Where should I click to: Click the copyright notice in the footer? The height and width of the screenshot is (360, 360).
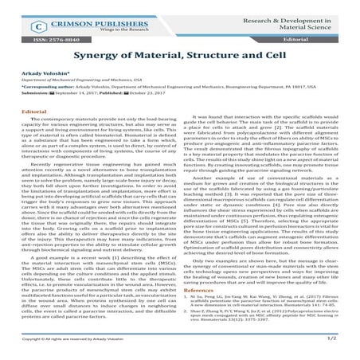pyautogui.click(x=76, y=348)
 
